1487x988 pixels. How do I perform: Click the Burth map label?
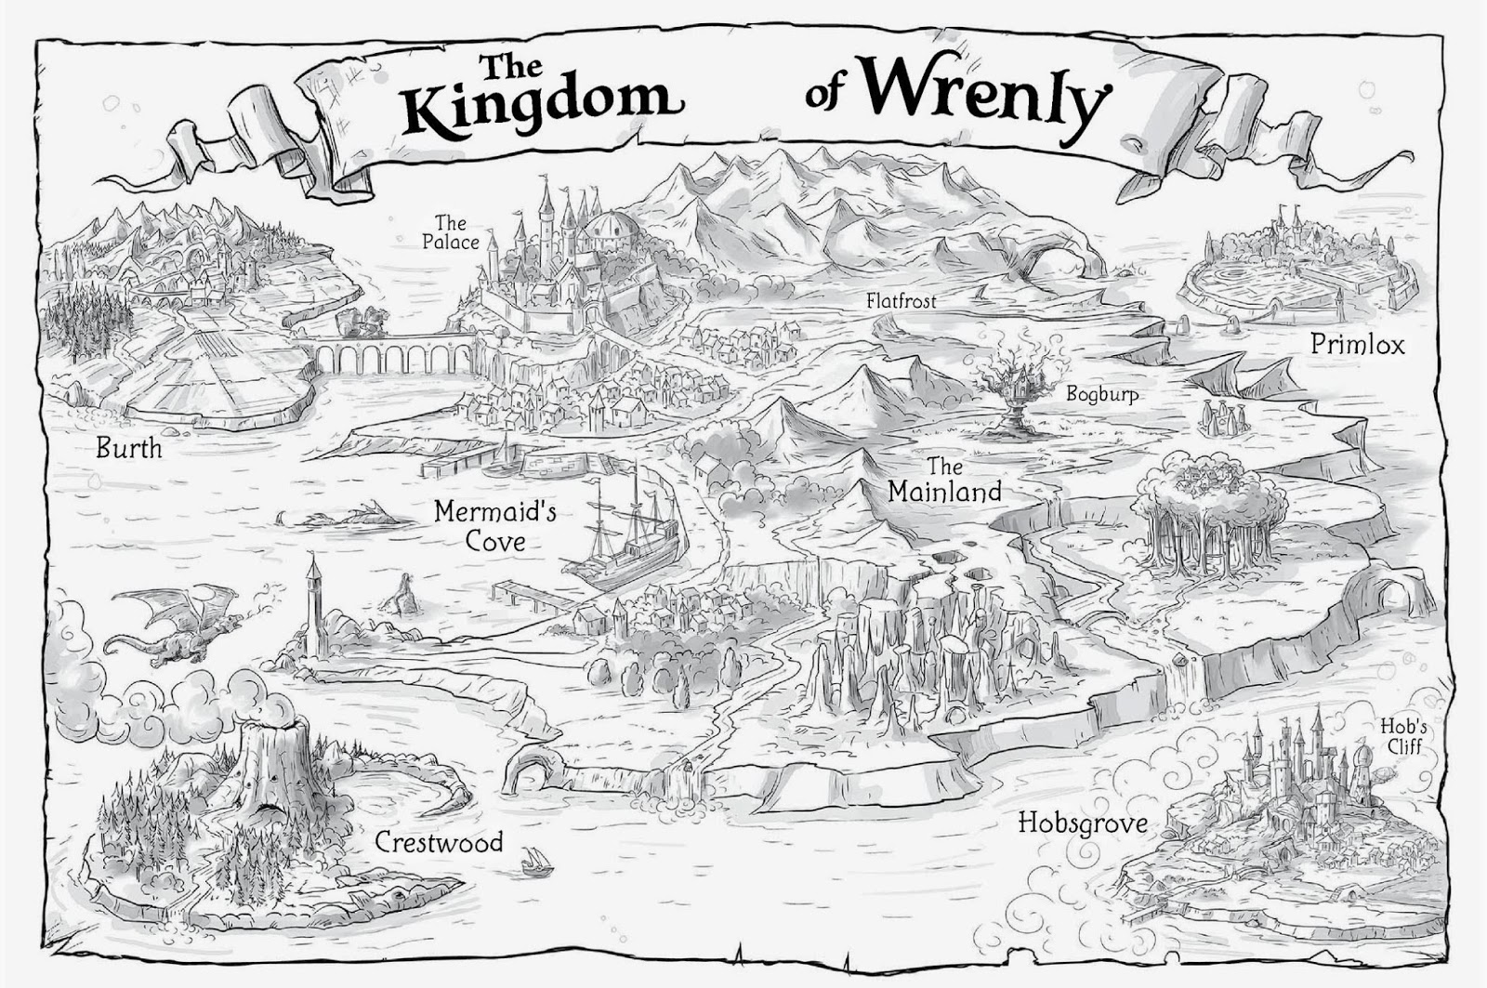pos(129,449)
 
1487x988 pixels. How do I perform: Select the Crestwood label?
pos(439,842)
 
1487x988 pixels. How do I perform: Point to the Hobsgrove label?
pos(1082,823)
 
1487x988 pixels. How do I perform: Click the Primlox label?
pos(1357,345)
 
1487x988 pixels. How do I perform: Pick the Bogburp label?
pos(1101,394)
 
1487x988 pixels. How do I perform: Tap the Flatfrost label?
pos(901,301)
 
